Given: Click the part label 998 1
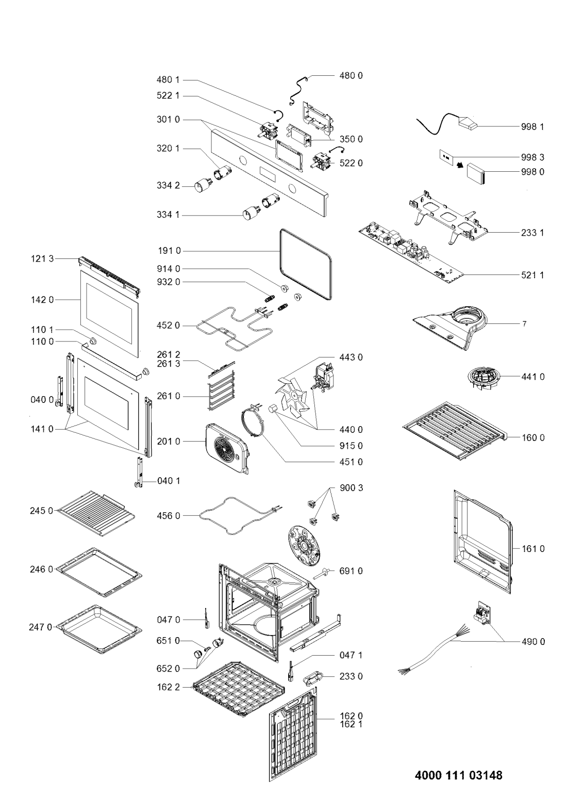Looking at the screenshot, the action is click(x=532, y=127).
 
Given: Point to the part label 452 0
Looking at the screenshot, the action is click(x=169, y=325).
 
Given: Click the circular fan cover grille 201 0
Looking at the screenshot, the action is click(x=226, y=448).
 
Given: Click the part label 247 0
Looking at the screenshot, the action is click(x=41, y=627).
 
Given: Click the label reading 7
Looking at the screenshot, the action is click(x=524, y=324).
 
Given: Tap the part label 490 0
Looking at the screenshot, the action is click(x=533, y=642).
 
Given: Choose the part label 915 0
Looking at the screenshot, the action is click(x=351, y=446).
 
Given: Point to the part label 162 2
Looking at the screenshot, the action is click(x=169, y=687).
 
